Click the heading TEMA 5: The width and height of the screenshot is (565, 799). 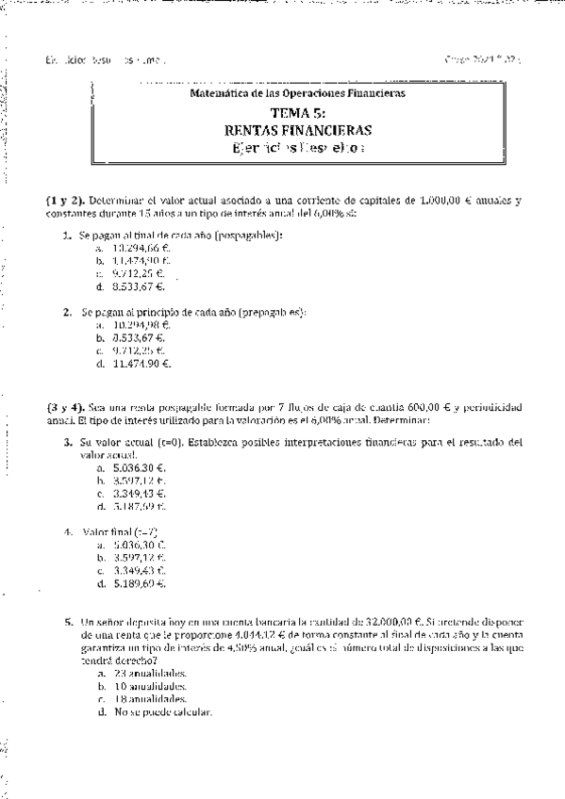coord(279,113)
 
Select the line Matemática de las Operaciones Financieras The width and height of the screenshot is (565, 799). coord(279,96)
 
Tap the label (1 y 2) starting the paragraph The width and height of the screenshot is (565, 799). coord(65,201)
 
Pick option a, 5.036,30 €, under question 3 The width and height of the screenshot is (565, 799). coord(138,466)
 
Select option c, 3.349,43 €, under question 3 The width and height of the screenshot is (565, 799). coord(138,492)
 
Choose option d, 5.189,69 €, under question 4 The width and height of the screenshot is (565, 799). coord(138,583)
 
